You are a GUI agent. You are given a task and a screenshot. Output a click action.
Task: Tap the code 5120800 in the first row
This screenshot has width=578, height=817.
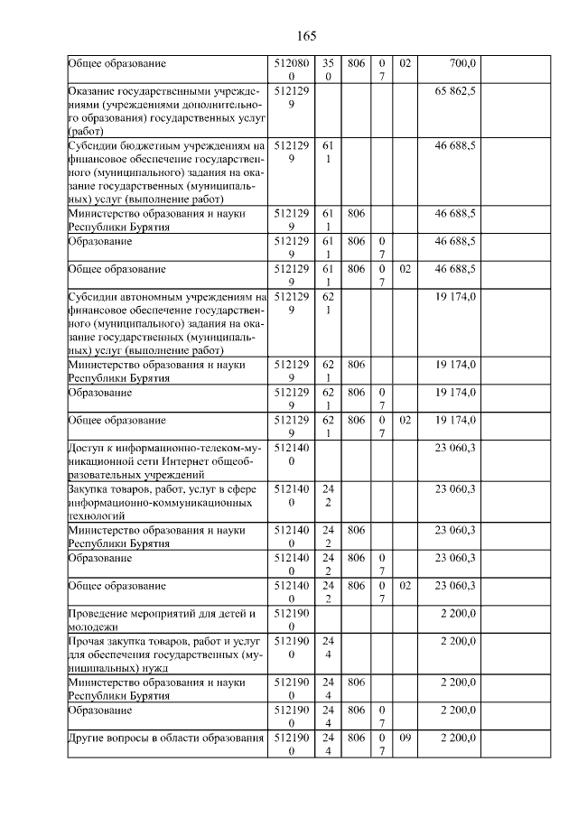click(x=289, y=70)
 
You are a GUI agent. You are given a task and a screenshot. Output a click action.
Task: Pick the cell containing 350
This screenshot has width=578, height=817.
click(x=328, y=70)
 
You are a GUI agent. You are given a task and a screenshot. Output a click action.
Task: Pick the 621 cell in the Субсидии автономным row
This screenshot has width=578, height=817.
click(x=328, y=302)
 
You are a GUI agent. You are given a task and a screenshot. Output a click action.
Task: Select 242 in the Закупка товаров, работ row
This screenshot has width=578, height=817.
click(x=328, y=496)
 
